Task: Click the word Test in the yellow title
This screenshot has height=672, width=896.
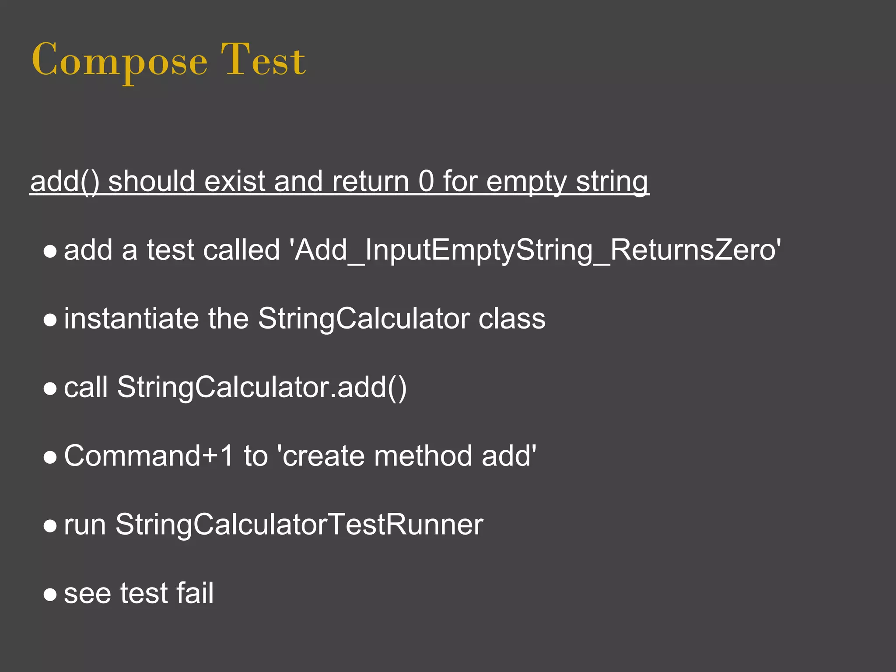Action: pyautogui.click(x=263, y=60)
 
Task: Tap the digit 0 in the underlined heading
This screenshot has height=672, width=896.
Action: pyautogui.click(x=426, y=181)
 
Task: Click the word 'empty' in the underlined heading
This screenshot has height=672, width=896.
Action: pyautogui.click(x=527, y=182)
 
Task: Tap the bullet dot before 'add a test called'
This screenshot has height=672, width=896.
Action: pyautogui.click(x=50, y=251)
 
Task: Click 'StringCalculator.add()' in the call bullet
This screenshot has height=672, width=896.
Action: pyautogui.click(x=262, y=388)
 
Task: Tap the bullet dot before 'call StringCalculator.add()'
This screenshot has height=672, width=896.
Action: pyautogui.click(x=50, y=388)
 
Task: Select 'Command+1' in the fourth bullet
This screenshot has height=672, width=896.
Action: pyautogui.click(x=149, y=456)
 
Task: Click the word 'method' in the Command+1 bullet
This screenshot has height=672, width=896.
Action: pyautogui.click(x=423, y=456)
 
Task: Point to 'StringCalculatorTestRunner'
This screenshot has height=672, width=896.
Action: pyautogui.click(x=299, y=525)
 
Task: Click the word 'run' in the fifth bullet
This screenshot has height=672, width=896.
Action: pyautogui.click(x=85, y=525)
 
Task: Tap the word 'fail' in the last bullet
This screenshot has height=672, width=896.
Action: pyautogui.click(x=195, y=593)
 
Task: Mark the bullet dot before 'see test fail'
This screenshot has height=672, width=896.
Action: pyautogui.click(x=50, y=595)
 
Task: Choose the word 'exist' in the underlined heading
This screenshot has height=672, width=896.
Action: pyautogui.click(x=234, y=181)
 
